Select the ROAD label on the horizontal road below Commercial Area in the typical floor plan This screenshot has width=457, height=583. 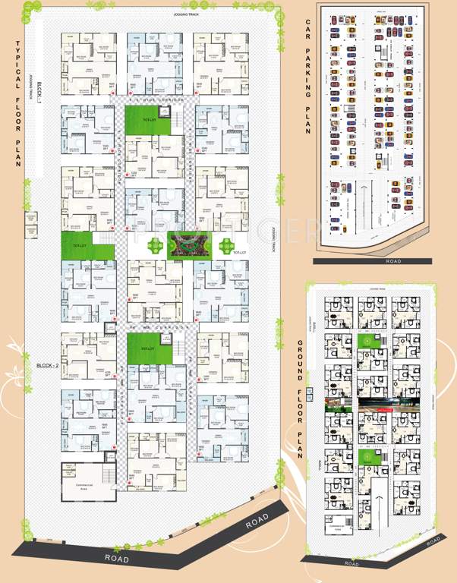click(x=121, y=557)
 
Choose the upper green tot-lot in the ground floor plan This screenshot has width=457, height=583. click(x=367, y=344)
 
